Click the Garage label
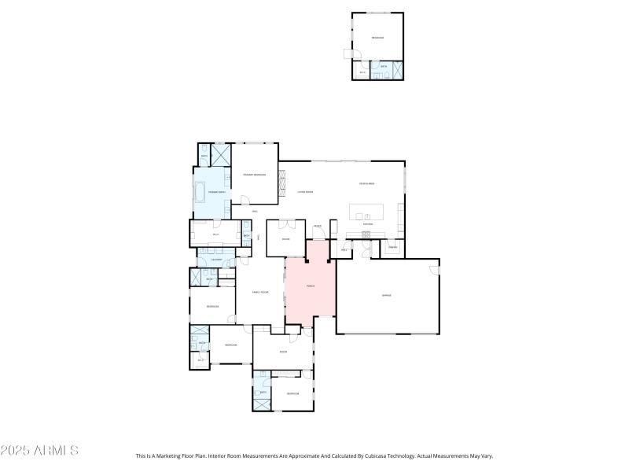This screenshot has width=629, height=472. (x=386, y=295)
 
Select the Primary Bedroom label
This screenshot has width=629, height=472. (x=254, y=175)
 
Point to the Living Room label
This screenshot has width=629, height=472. (x=305, y=192)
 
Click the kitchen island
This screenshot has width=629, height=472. (x=367, y=212)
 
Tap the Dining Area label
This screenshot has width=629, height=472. (x=366, y=183)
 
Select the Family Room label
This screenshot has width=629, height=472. (x=260, y=292)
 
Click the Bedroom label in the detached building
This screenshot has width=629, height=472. (x=377, y=37)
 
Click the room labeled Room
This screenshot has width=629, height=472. (x=282, y=352)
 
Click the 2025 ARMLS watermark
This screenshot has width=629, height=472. (x=39, y=451)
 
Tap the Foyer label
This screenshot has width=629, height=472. (x=318, y=226)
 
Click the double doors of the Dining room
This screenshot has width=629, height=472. (x=285, y=223)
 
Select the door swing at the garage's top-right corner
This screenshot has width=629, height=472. (x=433, y=269)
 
